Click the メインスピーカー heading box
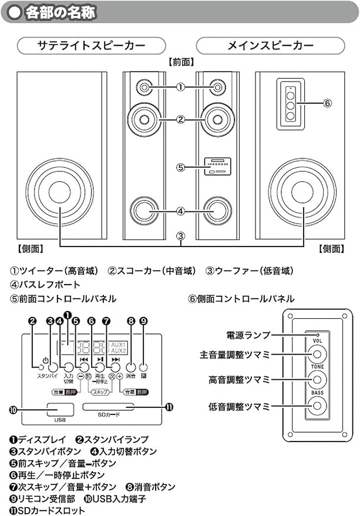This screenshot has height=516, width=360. point(270,45)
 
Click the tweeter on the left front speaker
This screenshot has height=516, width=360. point(144,87)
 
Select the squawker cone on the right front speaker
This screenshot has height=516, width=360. point(217,119)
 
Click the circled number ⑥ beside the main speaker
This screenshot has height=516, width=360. point(327,103)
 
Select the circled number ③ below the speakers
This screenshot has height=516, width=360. point(181,237)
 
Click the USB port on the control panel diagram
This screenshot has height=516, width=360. point(59,409)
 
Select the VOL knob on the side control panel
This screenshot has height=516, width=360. point(317,354)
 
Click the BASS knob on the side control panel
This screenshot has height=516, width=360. point(317,404)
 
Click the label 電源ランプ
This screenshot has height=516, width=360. point(248,335)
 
